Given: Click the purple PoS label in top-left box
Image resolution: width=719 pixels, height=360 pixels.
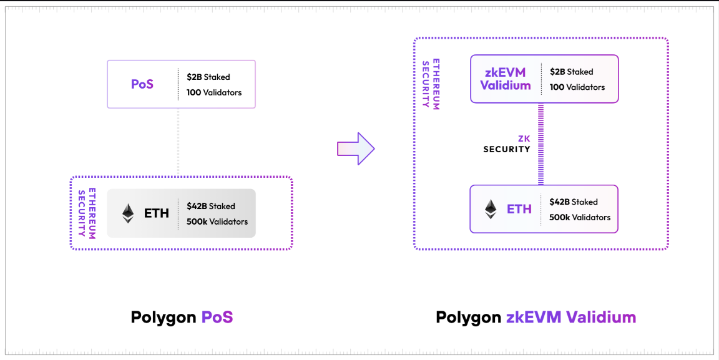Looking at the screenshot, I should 142,84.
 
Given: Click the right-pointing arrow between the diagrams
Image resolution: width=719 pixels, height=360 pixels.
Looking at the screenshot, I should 356,148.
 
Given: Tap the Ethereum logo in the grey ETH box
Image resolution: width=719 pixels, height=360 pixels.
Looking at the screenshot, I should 128,213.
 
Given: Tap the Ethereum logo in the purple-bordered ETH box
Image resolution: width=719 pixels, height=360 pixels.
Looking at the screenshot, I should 491,209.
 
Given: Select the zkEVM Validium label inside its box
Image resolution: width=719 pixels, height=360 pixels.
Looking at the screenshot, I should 506,79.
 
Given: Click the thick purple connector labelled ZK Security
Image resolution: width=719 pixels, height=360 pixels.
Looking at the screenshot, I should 540,144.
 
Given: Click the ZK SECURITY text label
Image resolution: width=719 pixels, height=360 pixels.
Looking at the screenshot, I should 507,144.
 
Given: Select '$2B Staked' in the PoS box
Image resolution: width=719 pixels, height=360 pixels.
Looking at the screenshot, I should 208,77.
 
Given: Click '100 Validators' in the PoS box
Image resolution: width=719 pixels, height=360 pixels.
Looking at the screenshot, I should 214,92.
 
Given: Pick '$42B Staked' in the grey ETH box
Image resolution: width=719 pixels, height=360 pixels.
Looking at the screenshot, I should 211,206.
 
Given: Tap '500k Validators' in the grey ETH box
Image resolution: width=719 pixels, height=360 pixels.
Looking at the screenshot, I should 217,221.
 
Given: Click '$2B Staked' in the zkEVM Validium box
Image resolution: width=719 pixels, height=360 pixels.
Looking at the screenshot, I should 572,72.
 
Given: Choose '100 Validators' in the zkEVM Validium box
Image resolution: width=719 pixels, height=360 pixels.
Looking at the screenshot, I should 577,87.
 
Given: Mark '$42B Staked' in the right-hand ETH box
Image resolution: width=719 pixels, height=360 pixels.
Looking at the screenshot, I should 574,202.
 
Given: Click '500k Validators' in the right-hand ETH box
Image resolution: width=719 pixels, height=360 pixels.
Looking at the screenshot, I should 580,217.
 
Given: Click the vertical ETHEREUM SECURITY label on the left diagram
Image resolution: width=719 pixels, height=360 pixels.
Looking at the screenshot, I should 87,213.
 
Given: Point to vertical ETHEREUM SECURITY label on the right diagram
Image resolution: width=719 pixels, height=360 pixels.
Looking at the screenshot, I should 431,85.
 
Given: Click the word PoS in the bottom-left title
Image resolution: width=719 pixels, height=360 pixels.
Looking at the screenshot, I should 217,317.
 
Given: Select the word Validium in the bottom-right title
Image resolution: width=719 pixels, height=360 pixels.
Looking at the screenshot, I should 601,317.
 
